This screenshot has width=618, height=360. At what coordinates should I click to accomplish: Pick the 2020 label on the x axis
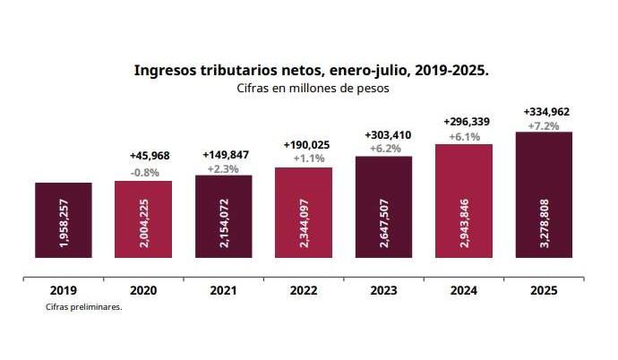click(143, 291)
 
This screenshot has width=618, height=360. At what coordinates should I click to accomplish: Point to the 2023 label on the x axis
click(383, 291)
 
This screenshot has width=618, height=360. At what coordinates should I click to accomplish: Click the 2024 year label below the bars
click(464, 291)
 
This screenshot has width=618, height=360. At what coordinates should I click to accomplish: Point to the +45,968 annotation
click(145, 158)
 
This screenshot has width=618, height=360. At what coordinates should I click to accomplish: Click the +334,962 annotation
click(546, 112)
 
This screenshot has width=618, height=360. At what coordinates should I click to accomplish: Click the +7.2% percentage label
click(546, 126)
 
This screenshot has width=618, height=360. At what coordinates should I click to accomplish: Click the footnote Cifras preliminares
click(83, 306)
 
